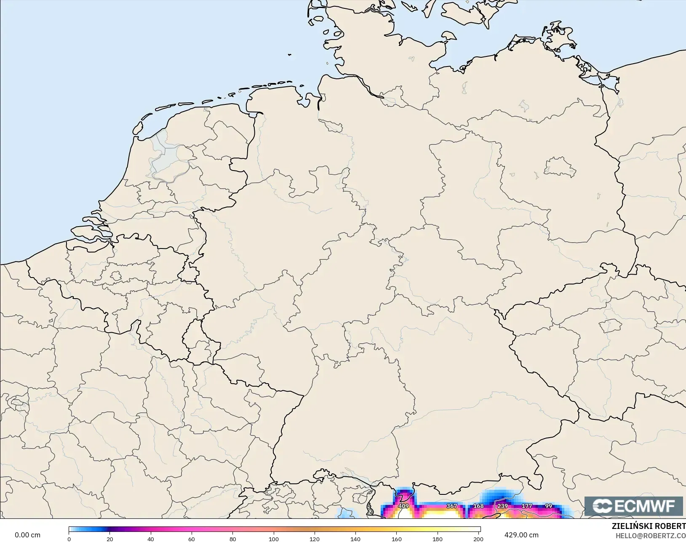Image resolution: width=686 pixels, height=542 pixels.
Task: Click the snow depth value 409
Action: (403, 506)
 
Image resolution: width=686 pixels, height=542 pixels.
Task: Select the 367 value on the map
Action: (452, 506)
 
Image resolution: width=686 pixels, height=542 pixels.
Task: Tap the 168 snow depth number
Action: (478, 506)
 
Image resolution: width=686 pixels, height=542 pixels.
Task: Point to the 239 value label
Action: (502, 506)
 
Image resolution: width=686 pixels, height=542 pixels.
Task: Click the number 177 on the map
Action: (527, 506)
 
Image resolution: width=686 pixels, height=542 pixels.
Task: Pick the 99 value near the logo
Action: (548, 506)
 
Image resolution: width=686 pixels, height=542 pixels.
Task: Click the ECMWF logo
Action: (633, 506)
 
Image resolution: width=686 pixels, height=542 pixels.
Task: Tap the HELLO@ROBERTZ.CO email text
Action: (651, 536)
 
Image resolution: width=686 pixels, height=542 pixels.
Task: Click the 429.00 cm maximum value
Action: (521, 535)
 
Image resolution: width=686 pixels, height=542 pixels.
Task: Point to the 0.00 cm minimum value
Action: (28, 535)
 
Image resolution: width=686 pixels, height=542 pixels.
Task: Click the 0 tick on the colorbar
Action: (69, 539)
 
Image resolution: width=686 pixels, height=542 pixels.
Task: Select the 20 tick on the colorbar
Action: (110, 539)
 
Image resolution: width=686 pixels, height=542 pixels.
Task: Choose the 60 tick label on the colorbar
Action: (192, 539)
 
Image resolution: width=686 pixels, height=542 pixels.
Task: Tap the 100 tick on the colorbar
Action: (274, 539)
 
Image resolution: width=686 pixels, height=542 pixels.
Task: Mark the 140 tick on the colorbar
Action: (355, 539)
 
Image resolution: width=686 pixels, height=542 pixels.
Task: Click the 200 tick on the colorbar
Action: (478, 539)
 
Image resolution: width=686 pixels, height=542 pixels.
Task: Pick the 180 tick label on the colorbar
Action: (438, 539)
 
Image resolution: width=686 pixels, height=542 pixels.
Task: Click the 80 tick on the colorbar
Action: (232, 539)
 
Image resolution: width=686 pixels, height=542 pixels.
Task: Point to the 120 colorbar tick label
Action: (315, 539)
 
